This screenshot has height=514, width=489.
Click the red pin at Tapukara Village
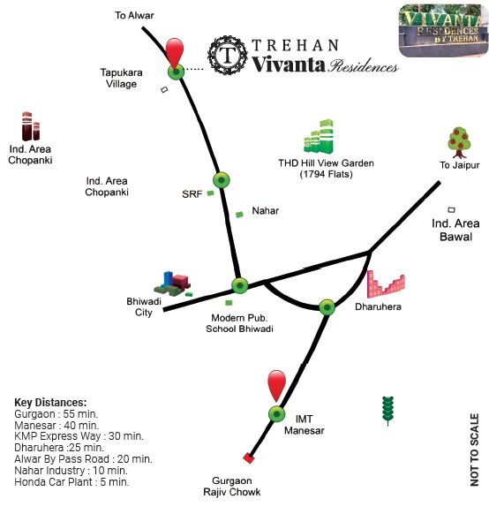(x=175, y=52)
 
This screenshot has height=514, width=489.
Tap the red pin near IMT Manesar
(x=277, y=385)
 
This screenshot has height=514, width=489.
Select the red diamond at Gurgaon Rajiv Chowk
(x=249, y=457)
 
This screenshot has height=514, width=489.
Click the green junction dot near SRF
(x=222, y=180)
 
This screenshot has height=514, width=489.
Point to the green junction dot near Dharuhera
(x=327, y=307)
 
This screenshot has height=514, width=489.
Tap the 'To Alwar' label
(x=134, y=15)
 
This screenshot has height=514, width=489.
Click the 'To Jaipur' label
(x=460, y=165)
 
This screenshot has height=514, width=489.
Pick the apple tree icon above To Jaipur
(x=459, y=142)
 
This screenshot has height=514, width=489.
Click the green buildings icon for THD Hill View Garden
(x=319, y=137)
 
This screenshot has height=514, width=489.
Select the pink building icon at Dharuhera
(x=386, y=284)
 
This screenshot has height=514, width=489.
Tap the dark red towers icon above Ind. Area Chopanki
(x=31, y=126)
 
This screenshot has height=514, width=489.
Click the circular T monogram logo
(x=228, y=55)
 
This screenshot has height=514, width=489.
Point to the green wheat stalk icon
(x=387, y=411)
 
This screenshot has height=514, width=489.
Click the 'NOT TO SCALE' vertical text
(x=474, y=450)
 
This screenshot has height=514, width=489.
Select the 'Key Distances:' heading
(x=50, y=403)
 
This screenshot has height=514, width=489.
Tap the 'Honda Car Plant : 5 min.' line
(x=71, y=482)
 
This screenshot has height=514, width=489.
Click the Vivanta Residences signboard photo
(x=443, y=31)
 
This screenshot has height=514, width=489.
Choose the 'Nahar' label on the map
(x=266, y=211)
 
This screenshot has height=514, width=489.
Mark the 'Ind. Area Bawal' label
(x=455, y=230)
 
